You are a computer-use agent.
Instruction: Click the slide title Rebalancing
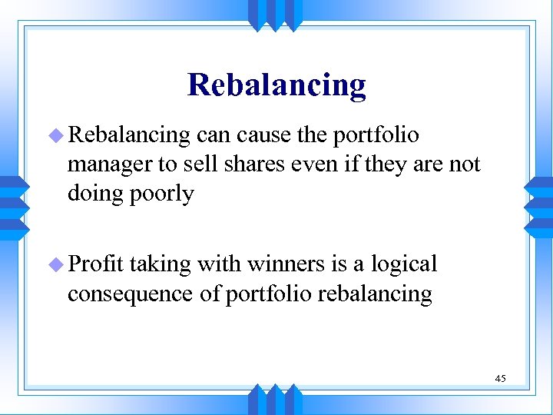click(x=276, y=85)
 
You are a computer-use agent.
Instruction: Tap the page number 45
click(x=500, y=378)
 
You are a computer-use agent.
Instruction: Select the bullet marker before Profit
click(x=58, y=265)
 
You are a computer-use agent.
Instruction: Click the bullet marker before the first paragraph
click(x=58, y=136)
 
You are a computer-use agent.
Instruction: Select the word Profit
click(x=96, y=264)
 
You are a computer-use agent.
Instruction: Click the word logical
click(x=403, y=264)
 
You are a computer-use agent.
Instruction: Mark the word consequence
click(x=144, y=294)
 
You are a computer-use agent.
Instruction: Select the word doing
click(x=95, y=194)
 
